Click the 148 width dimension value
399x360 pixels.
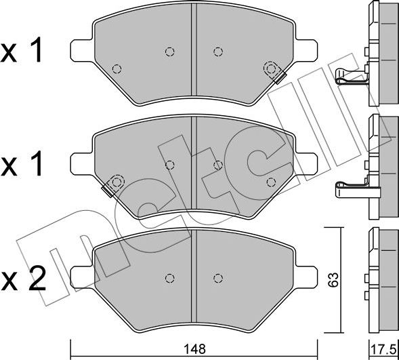point(195,349)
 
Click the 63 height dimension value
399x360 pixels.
point(333,280)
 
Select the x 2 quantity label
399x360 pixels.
point(24,279)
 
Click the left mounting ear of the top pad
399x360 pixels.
point(81,50)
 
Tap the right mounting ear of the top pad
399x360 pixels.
point(307,50)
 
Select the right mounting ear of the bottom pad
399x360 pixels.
point(306,278)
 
